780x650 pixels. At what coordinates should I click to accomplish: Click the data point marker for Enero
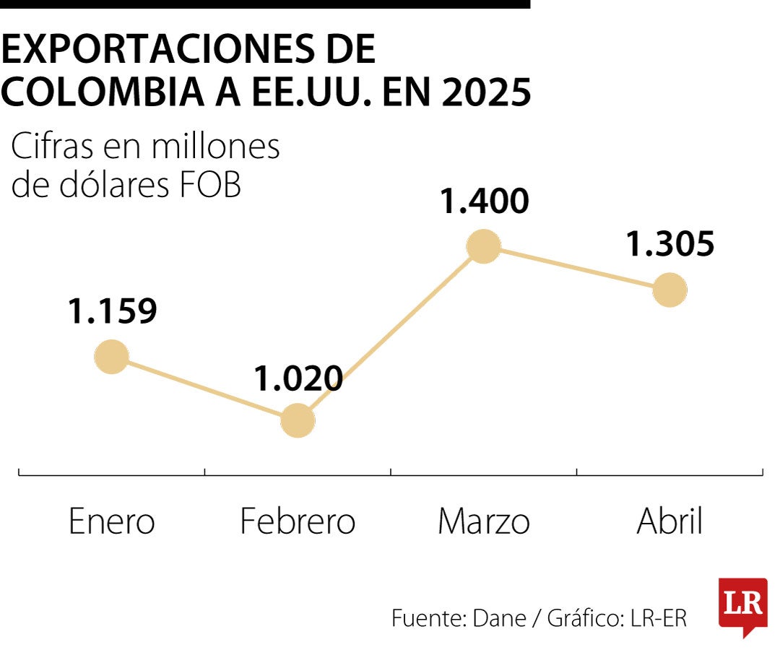[112, 356]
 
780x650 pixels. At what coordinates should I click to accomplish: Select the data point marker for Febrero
[298, 420]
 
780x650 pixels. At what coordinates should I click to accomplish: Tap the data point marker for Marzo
[483, 246]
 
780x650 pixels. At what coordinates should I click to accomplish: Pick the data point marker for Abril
[669, 290]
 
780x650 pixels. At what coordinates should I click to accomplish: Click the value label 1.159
[113, 311]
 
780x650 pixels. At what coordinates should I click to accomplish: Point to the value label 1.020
[298, 378]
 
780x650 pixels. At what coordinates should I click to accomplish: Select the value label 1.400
[485, 201]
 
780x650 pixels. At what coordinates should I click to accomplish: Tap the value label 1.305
[669, 244]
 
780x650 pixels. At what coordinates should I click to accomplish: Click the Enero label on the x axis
[112, 521]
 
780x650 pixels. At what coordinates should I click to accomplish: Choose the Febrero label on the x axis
[298, 521]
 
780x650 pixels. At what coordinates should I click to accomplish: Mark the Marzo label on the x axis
[483, 521]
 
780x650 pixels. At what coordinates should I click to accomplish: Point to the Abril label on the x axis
[669, 521]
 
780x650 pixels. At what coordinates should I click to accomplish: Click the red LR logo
[742, 605]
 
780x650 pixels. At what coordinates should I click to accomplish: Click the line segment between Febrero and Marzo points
[390, 333]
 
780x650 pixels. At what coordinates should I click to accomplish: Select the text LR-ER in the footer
[658, 618]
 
